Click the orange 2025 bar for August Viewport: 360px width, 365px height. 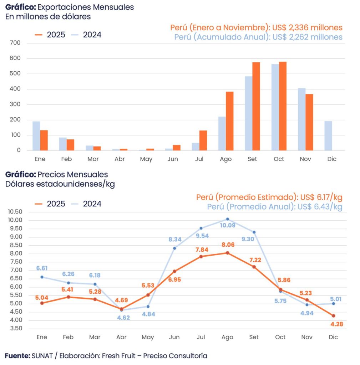click(229, 121)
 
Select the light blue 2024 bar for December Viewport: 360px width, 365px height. click(328, 136)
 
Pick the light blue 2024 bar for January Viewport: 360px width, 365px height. click(36, 136)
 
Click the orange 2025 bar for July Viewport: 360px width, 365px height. click(203, 140)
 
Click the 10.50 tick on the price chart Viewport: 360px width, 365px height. click(15, 212)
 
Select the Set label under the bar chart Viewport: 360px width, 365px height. click(252, 159)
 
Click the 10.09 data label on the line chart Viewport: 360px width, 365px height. click(227, 225)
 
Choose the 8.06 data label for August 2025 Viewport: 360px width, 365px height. click(227, 245)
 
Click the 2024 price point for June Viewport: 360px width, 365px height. click(174, 248)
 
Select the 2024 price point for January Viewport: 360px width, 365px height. click(42, 277)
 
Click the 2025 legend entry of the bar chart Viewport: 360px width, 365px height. click(50, 35)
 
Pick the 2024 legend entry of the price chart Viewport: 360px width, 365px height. click(86, 204)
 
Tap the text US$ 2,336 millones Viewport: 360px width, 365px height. click(307, 27)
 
